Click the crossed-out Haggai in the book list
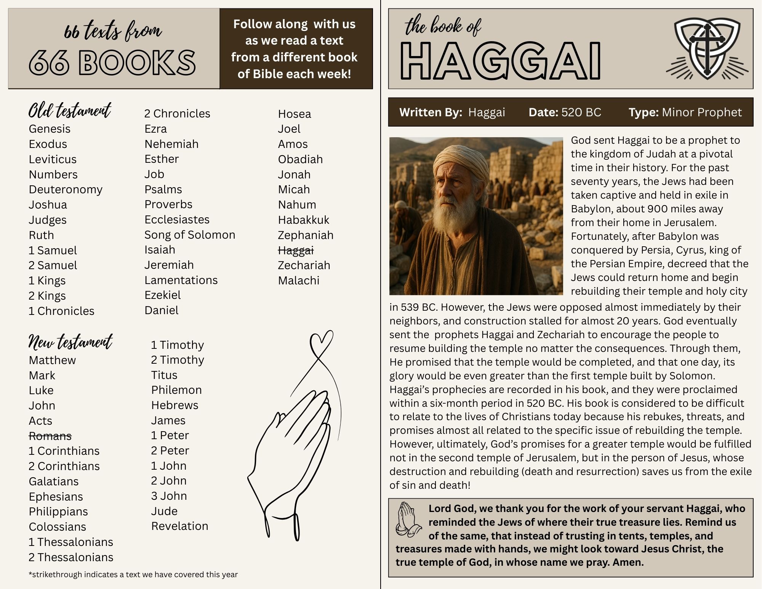(296, 250)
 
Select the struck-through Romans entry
(50, 436)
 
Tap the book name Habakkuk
(303, 220)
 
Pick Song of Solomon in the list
(190, 235)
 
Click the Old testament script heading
(70, 111)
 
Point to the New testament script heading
(70, 342)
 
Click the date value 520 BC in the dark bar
(581, 112)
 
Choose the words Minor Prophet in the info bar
(701, 112)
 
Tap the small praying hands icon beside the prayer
(408, 519)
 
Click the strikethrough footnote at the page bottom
(133, 575)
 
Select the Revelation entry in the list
(179, 526)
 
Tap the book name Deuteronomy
(66, 189)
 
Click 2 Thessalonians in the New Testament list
(71, 557)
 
